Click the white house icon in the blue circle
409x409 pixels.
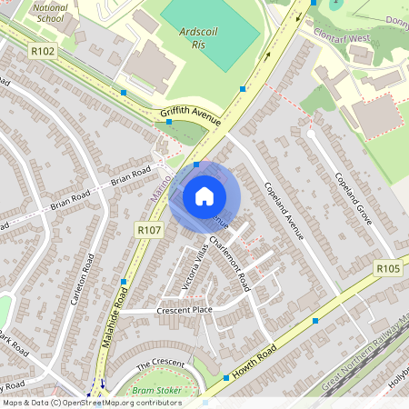tap(204, 196)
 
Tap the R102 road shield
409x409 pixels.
tap(43, 51)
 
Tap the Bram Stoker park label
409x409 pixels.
tap(152, 391)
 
